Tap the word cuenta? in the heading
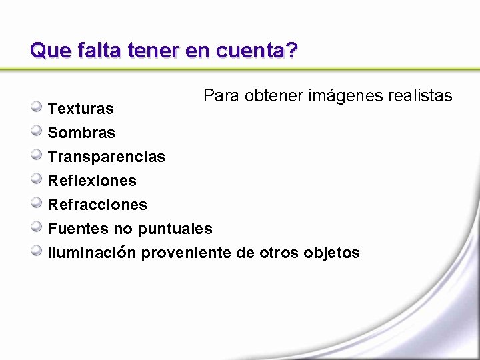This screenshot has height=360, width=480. (x=257, y=50)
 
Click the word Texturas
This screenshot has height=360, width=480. (x=81, y=108)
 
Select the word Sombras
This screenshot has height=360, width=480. (x=81, y=133)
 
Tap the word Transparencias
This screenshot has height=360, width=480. (x=106, y=157)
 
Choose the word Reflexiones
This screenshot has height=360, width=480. (x=92, y=181)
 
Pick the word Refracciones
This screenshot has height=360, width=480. (x=97, y=205)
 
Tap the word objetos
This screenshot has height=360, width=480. (x=331, y=253)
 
